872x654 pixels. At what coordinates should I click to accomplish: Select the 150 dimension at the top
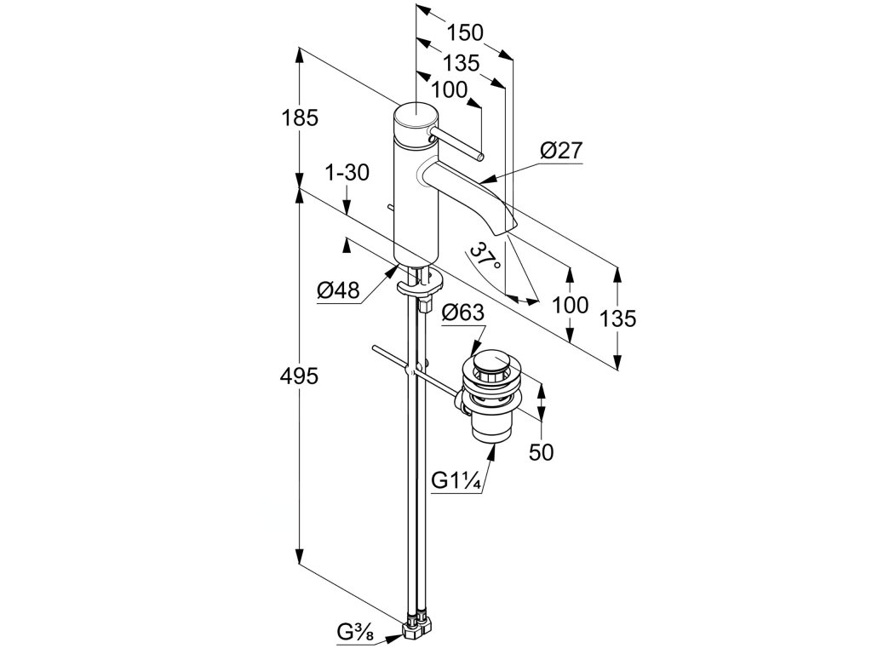point(466,32)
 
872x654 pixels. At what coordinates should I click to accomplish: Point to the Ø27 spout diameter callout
point(561,152)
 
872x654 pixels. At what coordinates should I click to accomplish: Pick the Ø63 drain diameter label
point(463,313)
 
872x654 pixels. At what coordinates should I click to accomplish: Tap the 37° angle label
point(486,255)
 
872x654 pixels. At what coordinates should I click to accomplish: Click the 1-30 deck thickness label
point(347,173)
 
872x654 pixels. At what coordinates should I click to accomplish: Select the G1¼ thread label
point(457,481)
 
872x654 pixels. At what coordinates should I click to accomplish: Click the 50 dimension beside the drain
point(541,451)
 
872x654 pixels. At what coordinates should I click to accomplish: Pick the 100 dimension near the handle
point(450,89)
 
